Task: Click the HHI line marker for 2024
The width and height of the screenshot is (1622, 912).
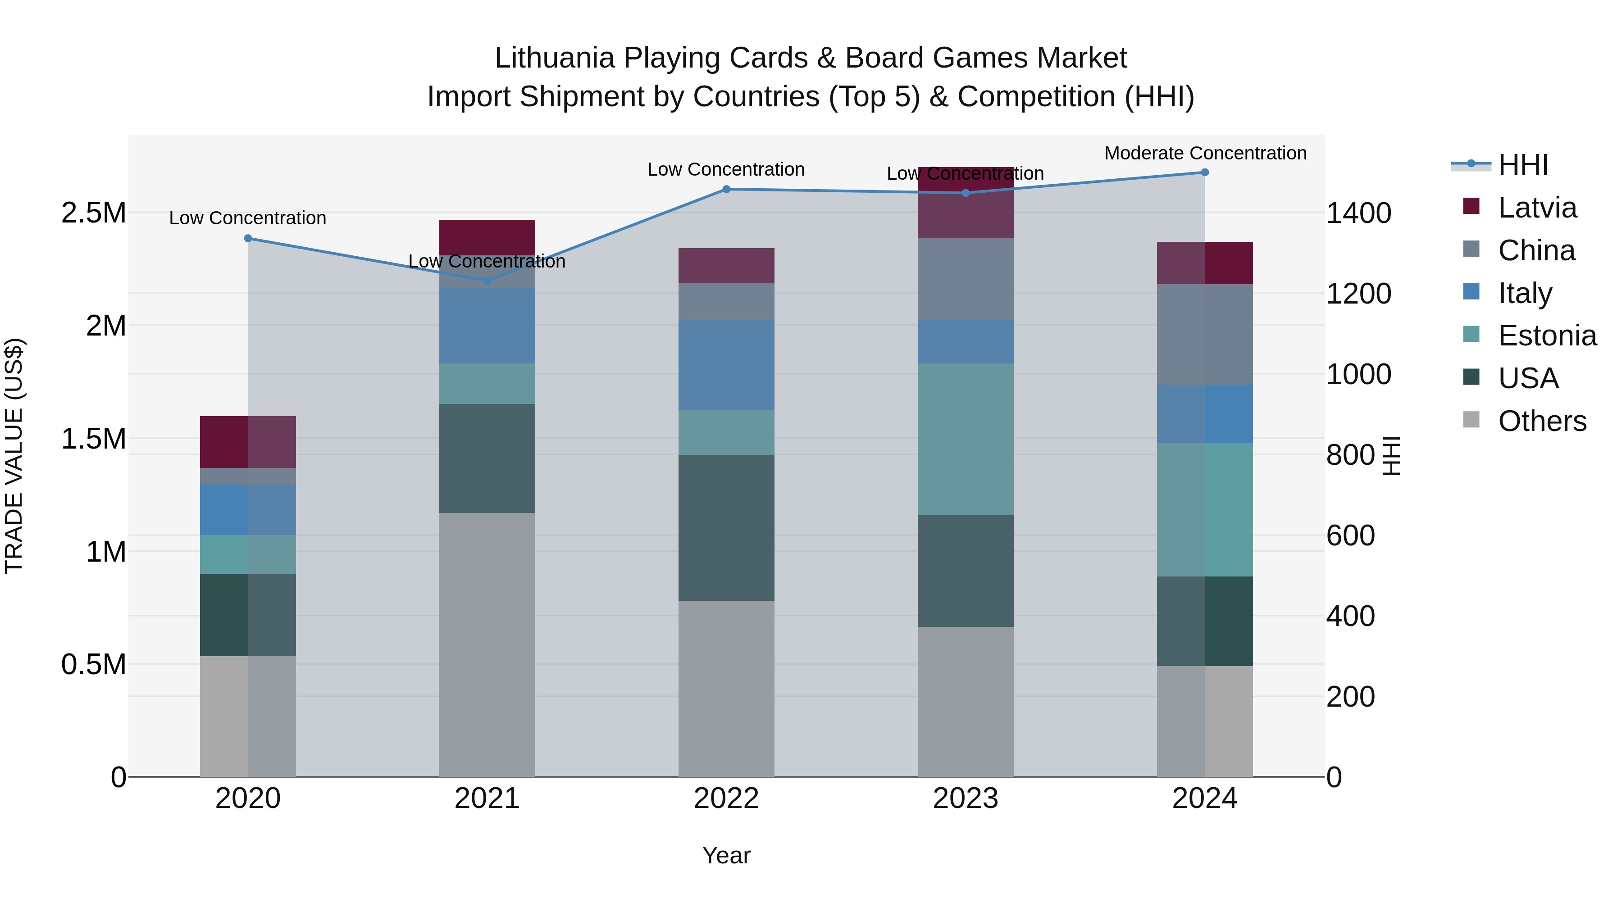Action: [1204, 172]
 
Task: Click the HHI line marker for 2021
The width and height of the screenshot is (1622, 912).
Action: [487, 280]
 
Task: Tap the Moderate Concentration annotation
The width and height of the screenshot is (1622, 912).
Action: [1205, 154]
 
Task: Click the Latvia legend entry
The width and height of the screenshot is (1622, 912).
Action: [1536, 208]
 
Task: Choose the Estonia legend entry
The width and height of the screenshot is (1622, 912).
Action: [1546, 336]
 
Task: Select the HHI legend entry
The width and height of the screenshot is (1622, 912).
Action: [1522, 165]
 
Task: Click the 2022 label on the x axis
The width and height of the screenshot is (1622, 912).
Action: [726, 799]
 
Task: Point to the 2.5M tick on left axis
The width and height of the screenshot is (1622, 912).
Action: [93, 213]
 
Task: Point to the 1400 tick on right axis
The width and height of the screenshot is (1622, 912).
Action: [1358, 213]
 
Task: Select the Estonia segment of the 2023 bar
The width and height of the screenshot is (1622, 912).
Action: [965, 439]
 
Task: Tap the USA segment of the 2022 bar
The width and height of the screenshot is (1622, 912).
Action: [726, 527]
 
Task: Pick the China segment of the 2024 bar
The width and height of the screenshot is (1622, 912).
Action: [1204, 334]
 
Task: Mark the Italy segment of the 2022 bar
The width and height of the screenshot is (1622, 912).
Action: [726, 365]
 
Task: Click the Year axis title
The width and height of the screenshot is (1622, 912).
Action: [726, 855]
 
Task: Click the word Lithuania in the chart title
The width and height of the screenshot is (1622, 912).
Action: [554, 58]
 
